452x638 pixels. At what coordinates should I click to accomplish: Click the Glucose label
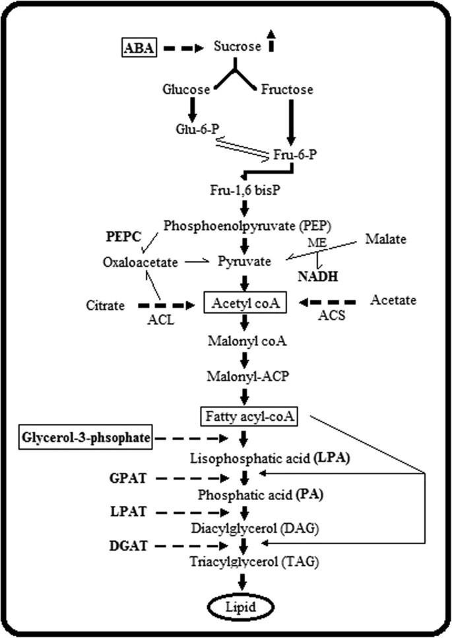pos(189,89)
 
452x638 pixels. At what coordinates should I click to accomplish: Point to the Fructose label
pos(287,89)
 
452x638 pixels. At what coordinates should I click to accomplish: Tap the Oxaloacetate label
pos(141,262)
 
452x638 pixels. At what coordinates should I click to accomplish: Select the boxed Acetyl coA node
pos(245,304)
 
